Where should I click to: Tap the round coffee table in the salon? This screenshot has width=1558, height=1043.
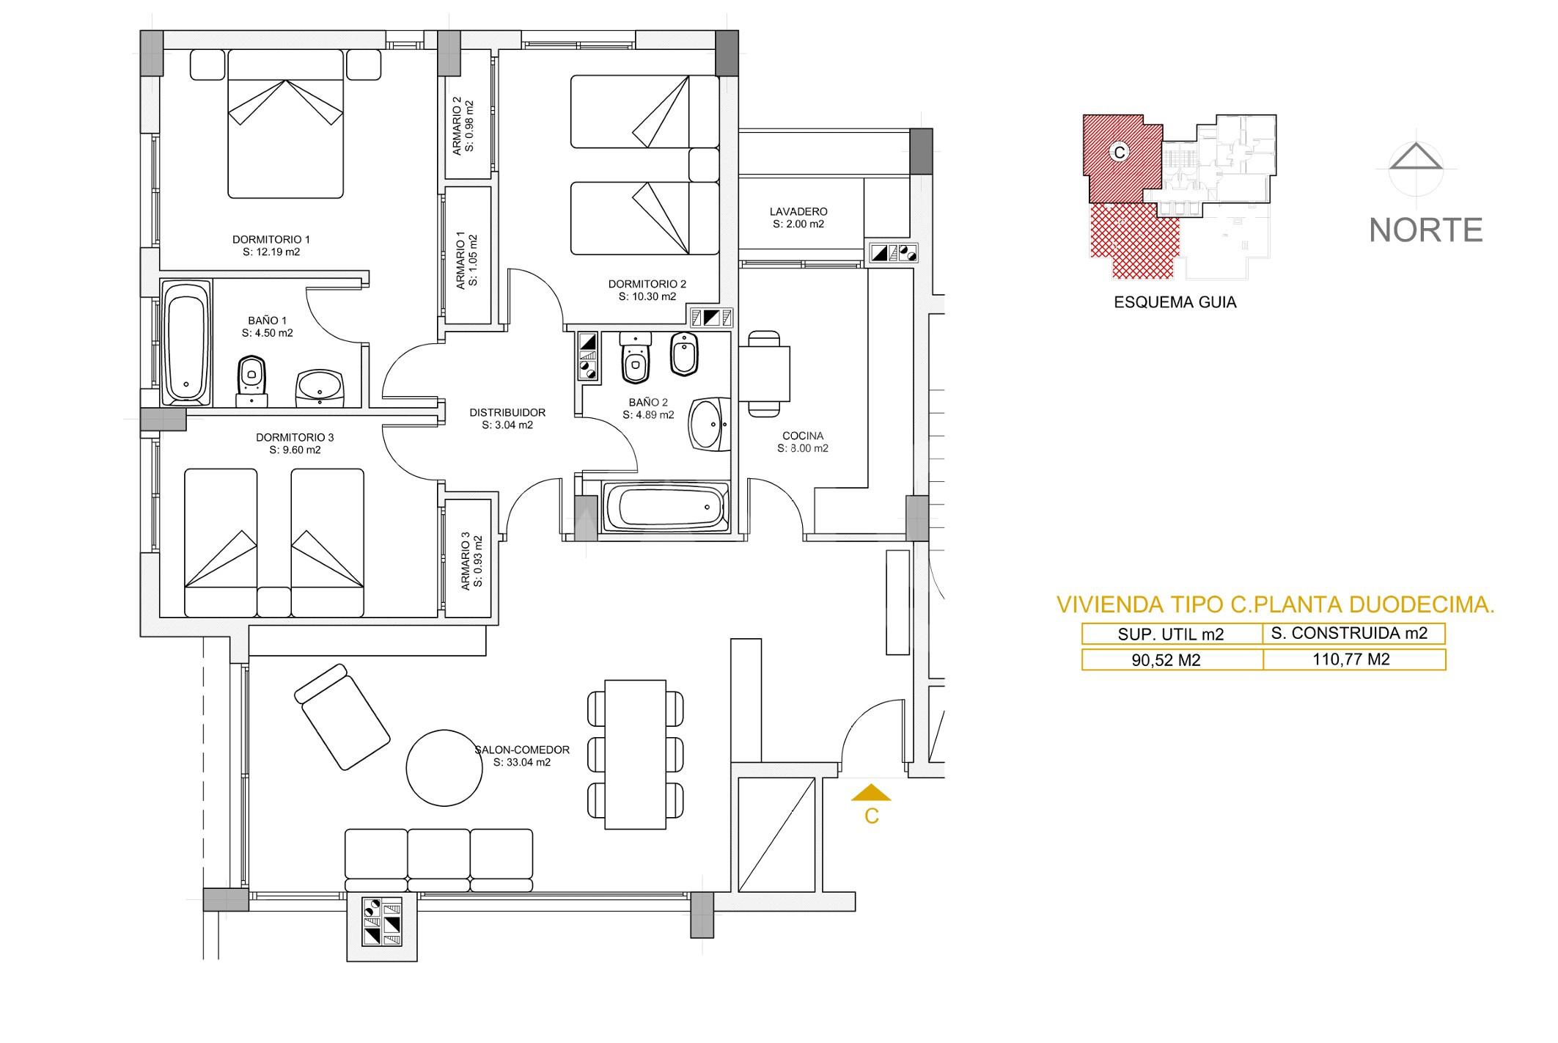[x=444, y=768]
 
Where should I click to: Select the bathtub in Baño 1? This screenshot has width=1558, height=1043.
[x=186, y=343]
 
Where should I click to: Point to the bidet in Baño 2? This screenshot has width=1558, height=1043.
[x=684, y=354]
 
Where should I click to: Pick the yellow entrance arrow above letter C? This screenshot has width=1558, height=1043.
[x=871, y=792]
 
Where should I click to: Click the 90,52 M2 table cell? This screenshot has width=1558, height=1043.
[x=1172, y=659]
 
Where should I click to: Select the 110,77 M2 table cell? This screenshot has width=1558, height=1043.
[x=1354, y=659]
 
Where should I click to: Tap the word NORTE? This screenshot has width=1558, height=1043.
[x=1426, y=230]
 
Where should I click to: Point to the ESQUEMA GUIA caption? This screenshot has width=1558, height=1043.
[x=1175, y=302]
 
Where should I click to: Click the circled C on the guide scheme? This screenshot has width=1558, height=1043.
[x=1119, y=152]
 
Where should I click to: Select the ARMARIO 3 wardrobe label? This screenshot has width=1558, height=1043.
[x=471, y=561]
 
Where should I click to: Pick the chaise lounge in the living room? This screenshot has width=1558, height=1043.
[x=342, y=717]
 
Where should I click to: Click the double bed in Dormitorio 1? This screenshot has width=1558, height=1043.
[x=285, y=123]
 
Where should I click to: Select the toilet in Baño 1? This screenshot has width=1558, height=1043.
[x=251, y=381]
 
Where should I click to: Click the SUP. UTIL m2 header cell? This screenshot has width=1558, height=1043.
[x=1172, y=634]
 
